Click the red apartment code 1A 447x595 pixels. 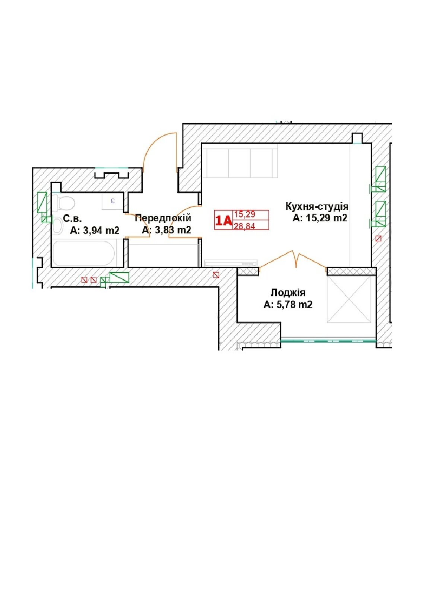[223, 221]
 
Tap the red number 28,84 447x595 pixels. [244, 226]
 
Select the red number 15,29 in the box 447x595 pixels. [244, 215]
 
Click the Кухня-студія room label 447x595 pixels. [317, 206]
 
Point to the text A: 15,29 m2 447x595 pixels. [320, 218]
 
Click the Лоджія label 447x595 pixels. [288, 293]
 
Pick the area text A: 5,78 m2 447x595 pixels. [288, 305]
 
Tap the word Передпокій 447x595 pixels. [163, 218]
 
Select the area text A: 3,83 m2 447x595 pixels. [167, 230]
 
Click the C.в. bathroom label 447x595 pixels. [72, 218]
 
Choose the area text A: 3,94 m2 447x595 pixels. [95, 230]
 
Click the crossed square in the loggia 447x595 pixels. [349, 299]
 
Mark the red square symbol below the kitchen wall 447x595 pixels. [216, 275]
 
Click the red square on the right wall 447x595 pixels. [378, 238]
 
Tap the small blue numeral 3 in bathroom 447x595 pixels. [113, 201]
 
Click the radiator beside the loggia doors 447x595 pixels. [231, 263]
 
